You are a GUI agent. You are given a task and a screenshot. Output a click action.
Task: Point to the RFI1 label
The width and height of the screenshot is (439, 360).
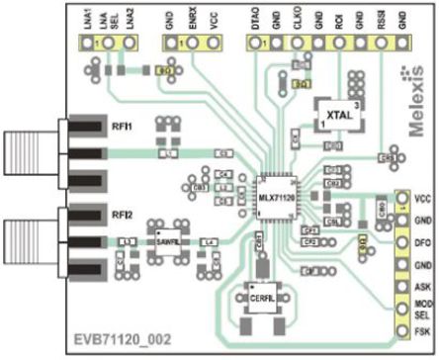click(122, 127)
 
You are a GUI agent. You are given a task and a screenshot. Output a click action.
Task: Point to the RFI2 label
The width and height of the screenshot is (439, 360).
click(122, 213)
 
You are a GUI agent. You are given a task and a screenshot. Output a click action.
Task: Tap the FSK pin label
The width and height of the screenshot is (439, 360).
click(422, 329)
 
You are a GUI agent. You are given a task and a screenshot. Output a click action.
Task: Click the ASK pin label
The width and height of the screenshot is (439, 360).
click(422, 286)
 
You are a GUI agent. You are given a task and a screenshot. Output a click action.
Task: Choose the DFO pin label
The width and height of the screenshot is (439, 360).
click(422, 241)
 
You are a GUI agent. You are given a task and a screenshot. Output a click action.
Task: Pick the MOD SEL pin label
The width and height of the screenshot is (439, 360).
click(422, 308)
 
